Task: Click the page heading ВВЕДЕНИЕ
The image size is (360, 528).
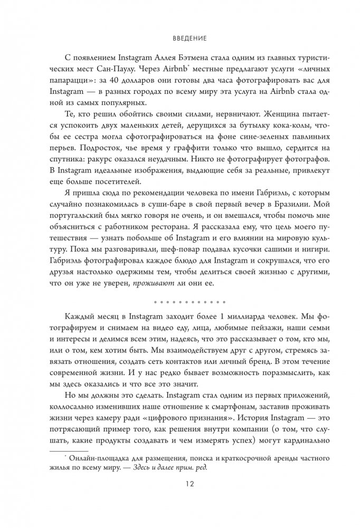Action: [x=179, y=39]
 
